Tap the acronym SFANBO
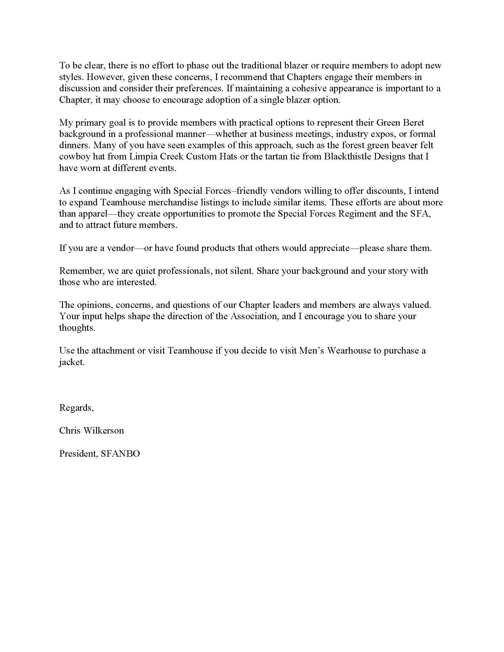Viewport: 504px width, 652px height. [120, 453]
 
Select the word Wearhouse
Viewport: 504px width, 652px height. [348, 351]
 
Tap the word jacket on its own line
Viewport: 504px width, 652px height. [72, 362]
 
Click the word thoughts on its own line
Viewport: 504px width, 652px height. [77, 328]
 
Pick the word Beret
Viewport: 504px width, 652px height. [413, 122]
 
